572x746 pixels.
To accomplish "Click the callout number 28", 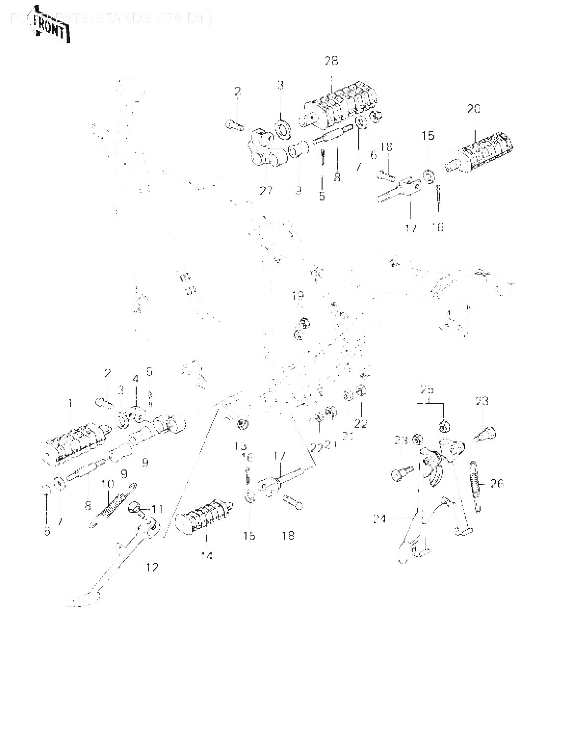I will tap(331, 61).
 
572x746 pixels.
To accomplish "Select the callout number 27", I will tap(266, 190).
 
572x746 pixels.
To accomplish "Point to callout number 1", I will tap(70, 402).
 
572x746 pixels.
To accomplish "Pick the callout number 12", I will tap(152, 566).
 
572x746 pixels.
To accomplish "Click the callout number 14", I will tap(207, 556).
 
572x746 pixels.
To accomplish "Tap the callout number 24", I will tap(380, 519).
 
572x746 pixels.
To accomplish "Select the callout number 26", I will tap(497, 482).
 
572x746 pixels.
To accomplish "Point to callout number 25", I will tap(427, 388).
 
